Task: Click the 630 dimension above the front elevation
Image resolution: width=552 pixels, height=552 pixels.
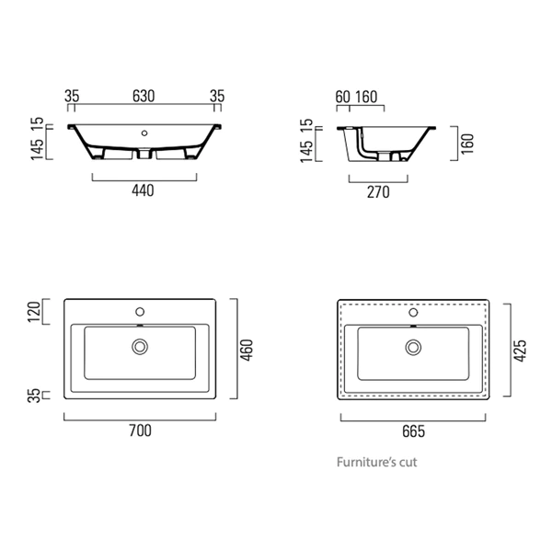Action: (x=143, y=96)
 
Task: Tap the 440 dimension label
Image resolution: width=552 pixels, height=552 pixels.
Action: (x=143, y=190)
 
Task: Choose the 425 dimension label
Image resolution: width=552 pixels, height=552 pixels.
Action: (x=520, y=350)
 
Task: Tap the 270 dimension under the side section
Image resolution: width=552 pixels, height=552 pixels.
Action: (x=379, y=191)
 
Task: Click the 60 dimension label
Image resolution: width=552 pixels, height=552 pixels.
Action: (x=342, y=96)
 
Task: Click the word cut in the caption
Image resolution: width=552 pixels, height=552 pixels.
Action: (x=408, y=463)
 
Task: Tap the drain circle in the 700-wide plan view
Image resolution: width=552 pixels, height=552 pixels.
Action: (x=140, y=347)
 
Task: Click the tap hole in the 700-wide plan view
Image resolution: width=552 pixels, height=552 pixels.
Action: (x=140, y=310)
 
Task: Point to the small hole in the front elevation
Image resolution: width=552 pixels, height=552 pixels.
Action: (x=144, y=132)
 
